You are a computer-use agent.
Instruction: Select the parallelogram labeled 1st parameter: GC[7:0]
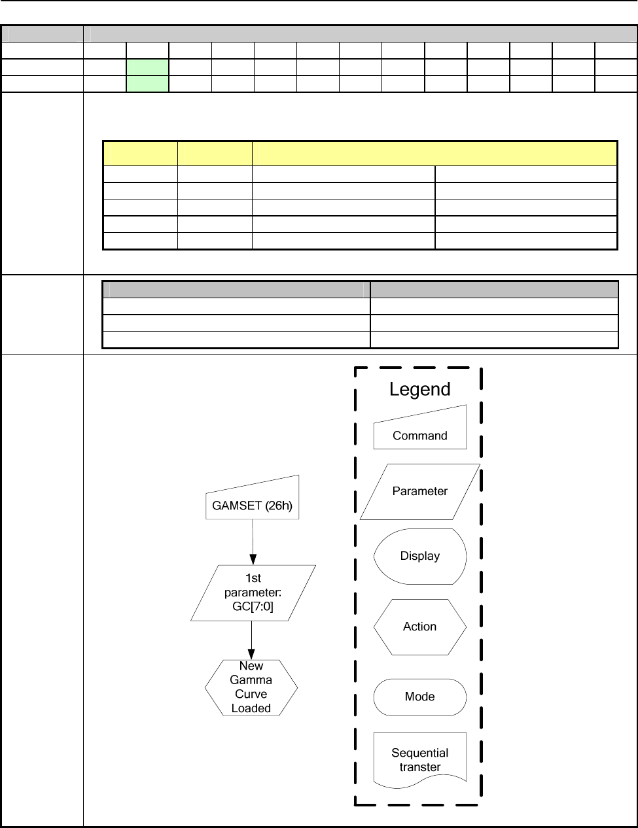(253, 593)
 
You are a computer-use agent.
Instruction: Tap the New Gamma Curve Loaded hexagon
(251, 687)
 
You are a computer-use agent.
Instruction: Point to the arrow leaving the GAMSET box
(253, 542)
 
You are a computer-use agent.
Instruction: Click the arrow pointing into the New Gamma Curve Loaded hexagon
(252, 640)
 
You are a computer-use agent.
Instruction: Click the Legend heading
(419, 389)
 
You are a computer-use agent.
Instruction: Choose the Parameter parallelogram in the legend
(419, 491)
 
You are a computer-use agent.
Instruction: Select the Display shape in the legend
(419, 556)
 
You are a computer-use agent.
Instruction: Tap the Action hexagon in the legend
(419, 627)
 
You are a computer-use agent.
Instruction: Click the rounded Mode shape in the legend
(419, 697)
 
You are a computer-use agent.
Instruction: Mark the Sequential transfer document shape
(419, 759)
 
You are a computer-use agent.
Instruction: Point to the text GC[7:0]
(253, 606)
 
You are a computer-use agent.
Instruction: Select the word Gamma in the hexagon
(251, 680)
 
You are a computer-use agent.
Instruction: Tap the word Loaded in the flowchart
(251, 708)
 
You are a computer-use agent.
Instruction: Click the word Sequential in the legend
(419, 753)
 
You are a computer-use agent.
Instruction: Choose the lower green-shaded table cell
(147, 84)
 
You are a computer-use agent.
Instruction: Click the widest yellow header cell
(434, 153)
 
